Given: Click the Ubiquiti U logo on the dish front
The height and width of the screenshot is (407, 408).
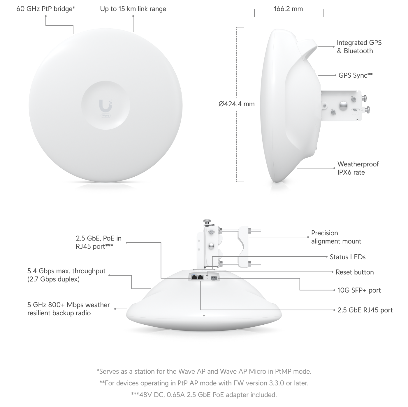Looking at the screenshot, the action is [x=105, y=105].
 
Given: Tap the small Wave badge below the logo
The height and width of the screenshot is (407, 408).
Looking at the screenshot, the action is [x=105, y=116].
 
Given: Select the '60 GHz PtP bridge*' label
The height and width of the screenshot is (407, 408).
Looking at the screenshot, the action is [x=46, y=9].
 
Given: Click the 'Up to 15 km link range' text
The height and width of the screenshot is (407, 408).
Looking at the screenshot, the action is [x=133, y=9].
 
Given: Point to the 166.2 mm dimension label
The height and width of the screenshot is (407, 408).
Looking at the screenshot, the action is [x=288, y=9].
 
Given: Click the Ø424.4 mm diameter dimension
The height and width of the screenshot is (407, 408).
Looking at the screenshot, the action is [x=237, y=104].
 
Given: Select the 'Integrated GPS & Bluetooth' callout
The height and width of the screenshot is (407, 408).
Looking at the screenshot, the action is [x=359, y=47].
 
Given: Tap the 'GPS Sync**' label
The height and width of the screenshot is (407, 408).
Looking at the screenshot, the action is [x=356, y=75].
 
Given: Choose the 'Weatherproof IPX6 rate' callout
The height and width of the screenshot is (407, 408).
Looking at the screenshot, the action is [x=358, y=168].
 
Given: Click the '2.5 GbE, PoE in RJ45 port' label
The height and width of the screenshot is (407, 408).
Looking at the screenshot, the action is [x=99, y=242].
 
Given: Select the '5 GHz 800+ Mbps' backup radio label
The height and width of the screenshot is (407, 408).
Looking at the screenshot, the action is [x=68, y=309].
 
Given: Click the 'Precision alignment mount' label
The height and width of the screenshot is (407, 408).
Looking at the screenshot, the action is [x=336, y=237].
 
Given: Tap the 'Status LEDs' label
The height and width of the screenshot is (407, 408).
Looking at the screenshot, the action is [x=347, y=257].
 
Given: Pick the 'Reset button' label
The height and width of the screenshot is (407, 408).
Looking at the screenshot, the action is [x=355, y=272].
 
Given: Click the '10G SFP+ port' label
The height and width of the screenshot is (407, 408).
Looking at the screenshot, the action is [x=359, y=290].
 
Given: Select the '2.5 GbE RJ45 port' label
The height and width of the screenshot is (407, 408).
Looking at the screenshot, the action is [x=365, y=310].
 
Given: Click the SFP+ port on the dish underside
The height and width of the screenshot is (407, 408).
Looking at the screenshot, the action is [x=214, y=278].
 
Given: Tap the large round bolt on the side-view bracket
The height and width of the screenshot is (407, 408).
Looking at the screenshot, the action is [x=343, y=106].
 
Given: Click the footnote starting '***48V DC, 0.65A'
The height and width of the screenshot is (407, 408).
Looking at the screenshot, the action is [x=204, y=395].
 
